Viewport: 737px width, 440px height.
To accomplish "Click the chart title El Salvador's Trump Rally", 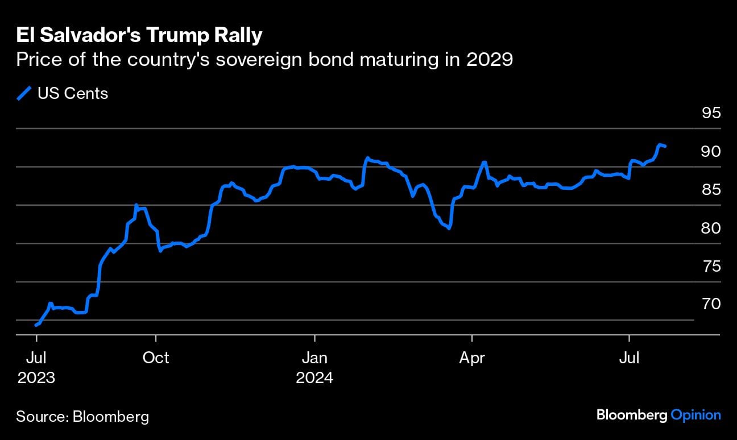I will coord(139,35).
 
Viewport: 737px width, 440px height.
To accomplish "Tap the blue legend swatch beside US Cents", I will coord(24,93).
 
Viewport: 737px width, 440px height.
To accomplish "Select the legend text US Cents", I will coord(73,93).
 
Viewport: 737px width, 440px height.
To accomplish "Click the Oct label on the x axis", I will coord(156,358).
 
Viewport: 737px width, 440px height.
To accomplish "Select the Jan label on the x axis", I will coord(314,358).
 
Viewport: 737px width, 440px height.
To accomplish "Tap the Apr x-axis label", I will coord(472,358).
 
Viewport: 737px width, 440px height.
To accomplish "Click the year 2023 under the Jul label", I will coord(36,377).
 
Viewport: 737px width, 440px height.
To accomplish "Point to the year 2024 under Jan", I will coord(314,377).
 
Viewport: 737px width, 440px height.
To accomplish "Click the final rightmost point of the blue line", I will coord(665,147).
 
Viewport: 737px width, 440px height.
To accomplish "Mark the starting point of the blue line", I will coord(36,325).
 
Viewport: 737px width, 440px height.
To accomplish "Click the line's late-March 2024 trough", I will coord(449,229).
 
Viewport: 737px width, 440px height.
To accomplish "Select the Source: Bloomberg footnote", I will coord(82,417).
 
